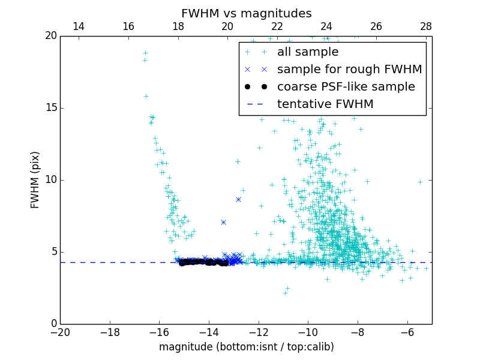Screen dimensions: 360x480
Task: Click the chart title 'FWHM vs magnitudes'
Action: click(246, 13)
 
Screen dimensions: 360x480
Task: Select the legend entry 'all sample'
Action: click(308, 52)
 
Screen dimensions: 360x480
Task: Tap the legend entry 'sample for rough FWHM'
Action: click(349, 70)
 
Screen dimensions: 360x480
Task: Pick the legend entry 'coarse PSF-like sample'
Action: click(346, 87)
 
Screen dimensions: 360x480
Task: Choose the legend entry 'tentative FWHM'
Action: click(325, 104)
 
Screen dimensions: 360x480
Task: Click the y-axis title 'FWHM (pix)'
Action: click(35, 179)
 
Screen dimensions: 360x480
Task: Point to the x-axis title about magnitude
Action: click(246, 347)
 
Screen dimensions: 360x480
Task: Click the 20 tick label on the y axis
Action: click(50, 36)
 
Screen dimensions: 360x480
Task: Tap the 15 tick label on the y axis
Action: click(50, 108)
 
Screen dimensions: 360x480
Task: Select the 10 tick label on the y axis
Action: click(50, 180)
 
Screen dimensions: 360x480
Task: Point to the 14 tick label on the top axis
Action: click(78, 26)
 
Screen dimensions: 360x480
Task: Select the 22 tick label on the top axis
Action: click(277, 26)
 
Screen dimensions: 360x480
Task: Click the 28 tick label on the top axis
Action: click(426, 26)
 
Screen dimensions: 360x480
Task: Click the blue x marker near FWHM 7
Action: click(223, 222)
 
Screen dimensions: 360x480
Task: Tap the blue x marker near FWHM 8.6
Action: click(238, 199)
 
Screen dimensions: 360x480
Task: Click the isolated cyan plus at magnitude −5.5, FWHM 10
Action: click(420, 182)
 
